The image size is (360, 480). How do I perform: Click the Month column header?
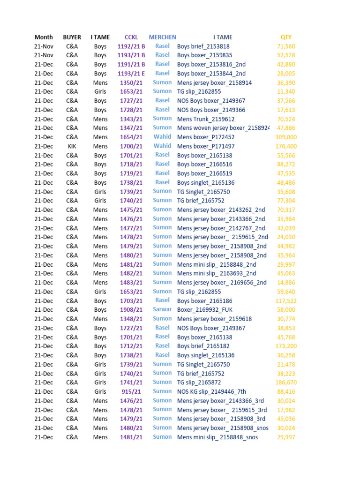[44, 37]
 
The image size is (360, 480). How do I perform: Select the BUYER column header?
[72, 37]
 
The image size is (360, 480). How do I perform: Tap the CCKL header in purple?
[131, 37]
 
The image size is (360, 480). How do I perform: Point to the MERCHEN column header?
[162, 37]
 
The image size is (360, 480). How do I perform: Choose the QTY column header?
[286, 37]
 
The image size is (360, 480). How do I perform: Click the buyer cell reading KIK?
[72, 146]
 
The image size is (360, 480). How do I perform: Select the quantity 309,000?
[286, 137]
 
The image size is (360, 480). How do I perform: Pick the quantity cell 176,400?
[286, 146]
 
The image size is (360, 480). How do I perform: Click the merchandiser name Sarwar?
[162, 310]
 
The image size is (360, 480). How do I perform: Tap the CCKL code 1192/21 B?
[131, 46]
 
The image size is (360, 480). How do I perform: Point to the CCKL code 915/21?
[131, 391]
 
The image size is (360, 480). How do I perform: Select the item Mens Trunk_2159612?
[206, 119]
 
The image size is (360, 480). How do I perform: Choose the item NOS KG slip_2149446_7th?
[211, 391]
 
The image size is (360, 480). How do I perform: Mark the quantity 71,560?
[286, 46]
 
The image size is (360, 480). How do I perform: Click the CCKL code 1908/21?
[131, 310]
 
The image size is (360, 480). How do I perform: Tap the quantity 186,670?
[286, 382]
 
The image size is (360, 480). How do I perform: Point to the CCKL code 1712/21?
[131, 346]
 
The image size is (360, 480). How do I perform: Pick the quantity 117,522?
[286, 301]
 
